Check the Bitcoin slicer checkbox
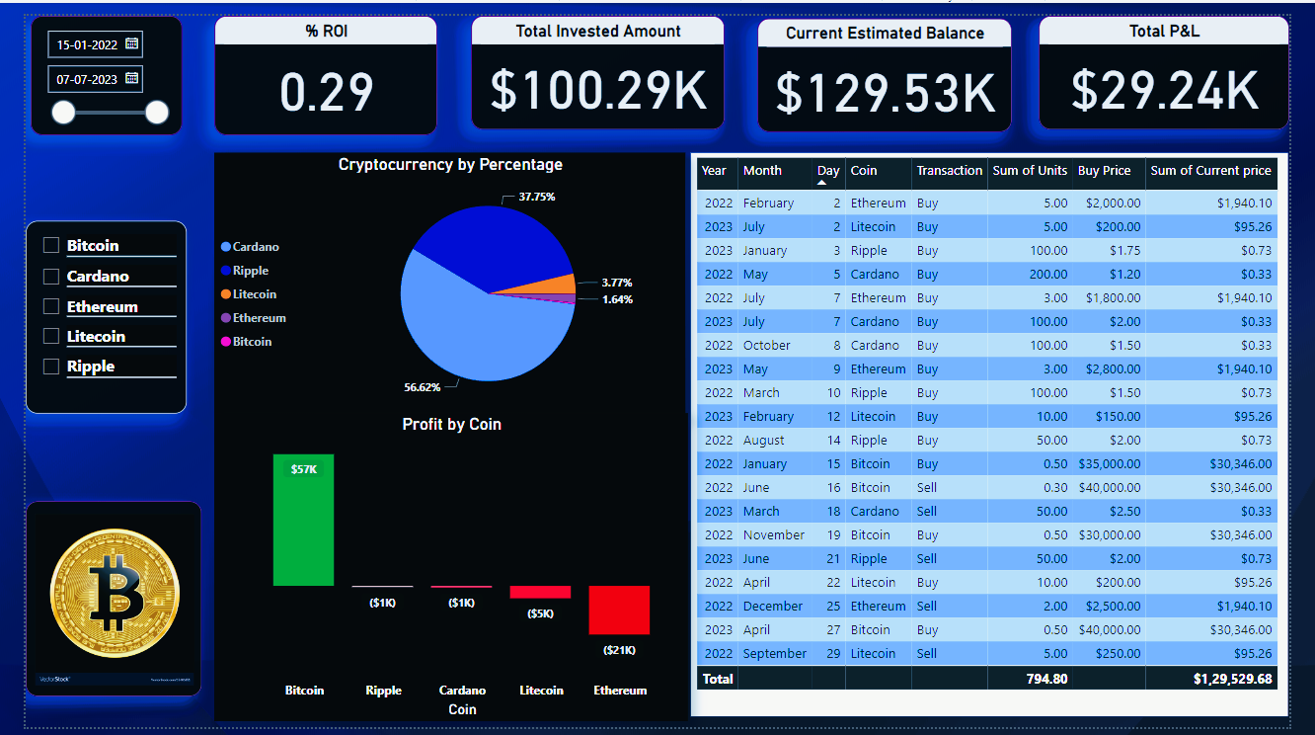click(x=51, y=246)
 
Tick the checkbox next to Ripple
click(x=51, y=367)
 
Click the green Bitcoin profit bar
click(x=304, y=520)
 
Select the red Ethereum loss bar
click(x=619, y=610)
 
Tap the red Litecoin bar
click(x=540, y=592)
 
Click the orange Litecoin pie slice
click(x=559, y=286)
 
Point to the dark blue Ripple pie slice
click(x=494, y=242)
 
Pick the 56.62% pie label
click(x=423, y=386)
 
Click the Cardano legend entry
click(x=256, y=247)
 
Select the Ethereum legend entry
click(x=259, y=318)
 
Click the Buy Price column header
click(x=1104, y=171)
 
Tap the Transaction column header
click(x=949, y=171)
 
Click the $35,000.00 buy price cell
click(x=1110, y=464)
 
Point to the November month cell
click(x=774, y=535)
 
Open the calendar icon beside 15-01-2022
click(x=131, y=43)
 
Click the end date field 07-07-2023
click(x=87, y=78)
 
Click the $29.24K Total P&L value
click(x=1164, y=90)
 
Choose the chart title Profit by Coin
click(x=452, y=425)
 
